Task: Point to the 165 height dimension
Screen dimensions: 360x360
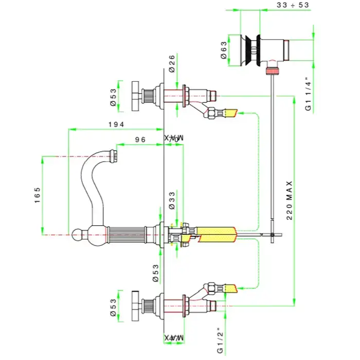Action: coord(38,195)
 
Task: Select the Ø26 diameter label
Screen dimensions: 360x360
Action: coord(171,66)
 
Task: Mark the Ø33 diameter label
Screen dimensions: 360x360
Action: coord(172,200)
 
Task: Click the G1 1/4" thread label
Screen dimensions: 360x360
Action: coord(308,95)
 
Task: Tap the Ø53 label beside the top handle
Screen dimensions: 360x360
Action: coord(114,96)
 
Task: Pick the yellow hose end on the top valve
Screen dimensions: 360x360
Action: coord(232,112)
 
